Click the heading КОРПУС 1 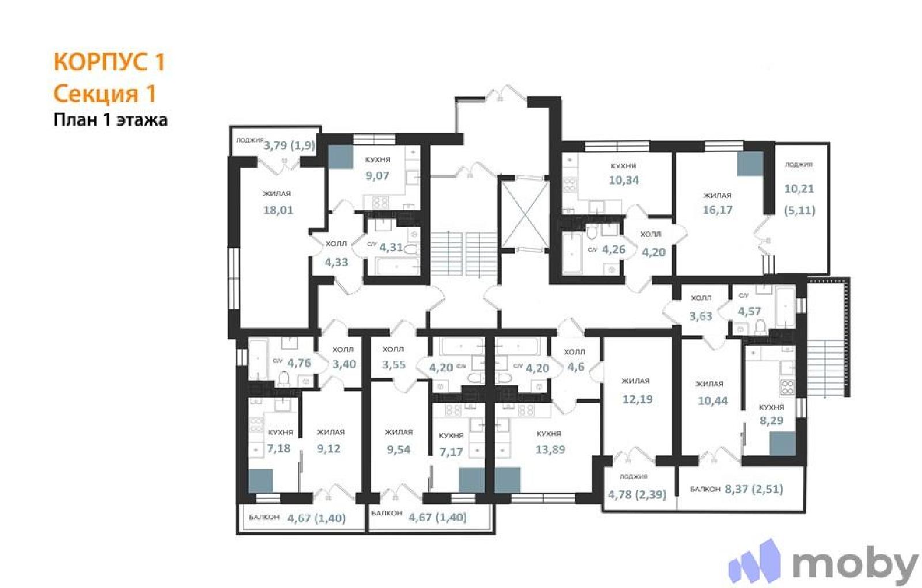109,62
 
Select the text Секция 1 105,93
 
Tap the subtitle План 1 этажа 110,120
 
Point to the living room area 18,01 278,210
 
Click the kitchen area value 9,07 377,175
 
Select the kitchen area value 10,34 624,180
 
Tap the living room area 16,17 717,210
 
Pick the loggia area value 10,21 799,189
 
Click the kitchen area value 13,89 550,449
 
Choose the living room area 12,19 637,399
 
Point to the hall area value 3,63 701,316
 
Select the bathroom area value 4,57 749,311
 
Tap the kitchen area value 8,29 772,420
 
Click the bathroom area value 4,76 299,363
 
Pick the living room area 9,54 398,449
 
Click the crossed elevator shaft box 525,214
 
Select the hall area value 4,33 337,262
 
